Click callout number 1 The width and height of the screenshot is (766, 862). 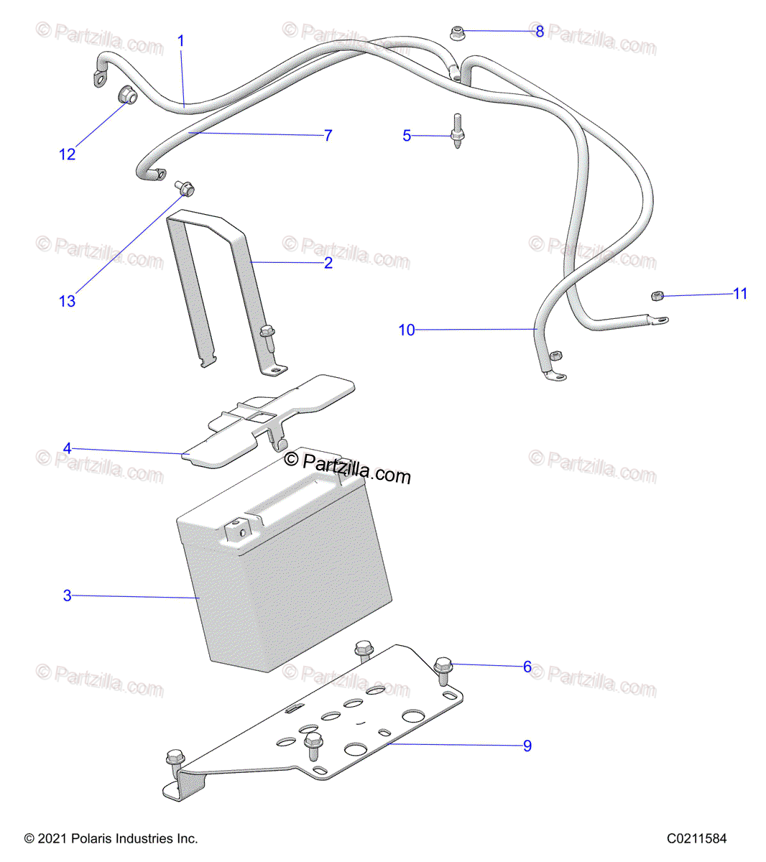(181, 41)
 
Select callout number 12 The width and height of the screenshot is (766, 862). (67, 154)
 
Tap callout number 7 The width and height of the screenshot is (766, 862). (328, 135)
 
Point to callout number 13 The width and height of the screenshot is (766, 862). (67, 301)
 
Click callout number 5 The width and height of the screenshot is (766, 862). (407, 136)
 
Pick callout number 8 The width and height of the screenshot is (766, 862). (540, 32)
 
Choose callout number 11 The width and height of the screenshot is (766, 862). (740, 293)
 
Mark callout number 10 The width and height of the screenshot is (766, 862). (407, 330)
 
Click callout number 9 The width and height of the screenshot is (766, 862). (527, 746)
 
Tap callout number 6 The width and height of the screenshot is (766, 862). (527, 667)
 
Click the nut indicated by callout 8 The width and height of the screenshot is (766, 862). (457, 32)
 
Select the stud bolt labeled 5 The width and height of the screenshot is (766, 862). (456, 131)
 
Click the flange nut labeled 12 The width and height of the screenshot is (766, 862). (126, 95)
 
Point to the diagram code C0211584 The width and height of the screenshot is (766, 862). (696, 838)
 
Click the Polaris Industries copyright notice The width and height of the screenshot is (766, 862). (111, 838)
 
